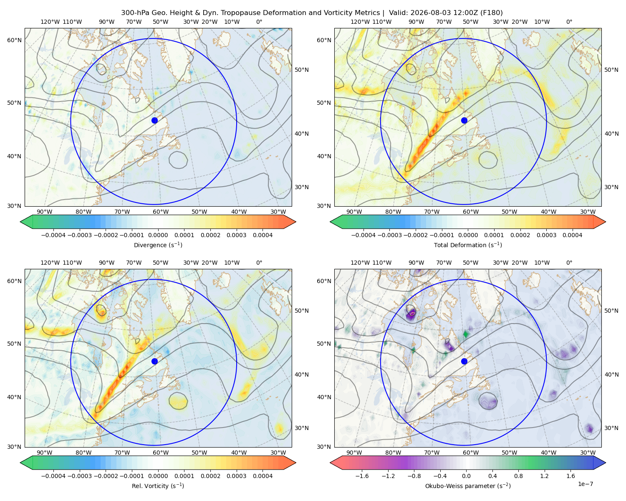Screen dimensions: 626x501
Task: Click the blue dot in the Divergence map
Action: point(154,120)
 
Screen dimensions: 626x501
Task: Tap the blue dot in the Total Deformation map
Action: point(464,120)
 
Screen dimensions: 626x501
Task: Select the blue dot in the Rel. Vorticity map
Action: point(154,361)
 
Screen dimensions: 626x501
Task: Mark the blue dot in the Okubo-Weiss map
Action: point(464,361)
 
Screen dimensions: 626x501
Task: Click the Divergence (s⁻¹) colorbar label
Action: point(158,245)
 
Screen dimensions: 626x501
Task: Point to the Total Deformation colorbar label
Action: point(468,245)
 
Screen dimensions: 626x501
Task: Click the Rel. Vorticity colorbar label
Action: point(158,486)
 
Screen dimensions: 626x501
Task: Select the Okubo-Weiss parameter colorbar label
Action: point(468,486)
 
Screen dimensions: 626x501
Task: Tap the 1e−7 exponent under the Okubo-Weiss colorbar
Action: point(585,484)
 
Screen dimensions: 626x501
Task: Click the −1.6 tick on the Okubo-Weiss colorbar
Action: point(362,476)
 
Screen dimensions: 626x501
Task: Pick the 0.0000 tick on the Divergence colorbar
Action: point(158,235)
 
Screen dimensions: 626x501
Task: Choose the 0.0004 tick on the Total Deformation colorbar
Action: point(572,235)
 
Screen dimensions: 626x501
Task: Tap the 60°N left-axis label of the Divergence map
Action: point(14,40)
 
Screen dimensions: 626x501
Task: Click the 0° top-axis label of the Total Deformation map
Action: point(569,22)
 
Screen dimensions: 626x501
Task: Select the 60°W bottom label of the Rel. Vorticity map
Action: point(161,453)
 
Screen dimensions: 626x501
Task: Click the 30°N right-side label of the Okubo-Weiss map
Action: point(611,428)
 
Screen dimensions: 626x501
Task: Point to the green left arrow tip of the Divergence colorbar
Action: point(20,222)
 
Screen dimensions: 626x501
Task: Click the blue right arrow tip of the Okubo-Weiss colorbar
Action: point(606,463)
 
